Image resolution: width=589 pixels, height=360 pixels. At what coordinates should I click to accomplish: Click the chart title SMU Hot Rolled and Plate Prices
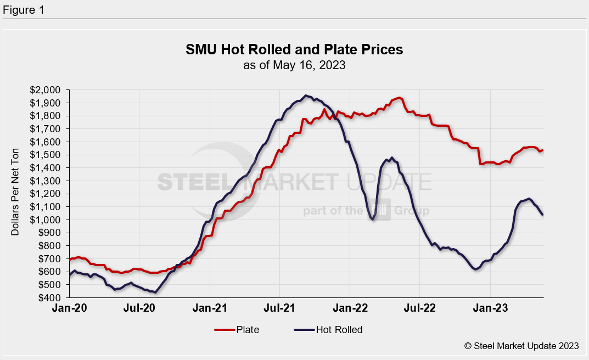(x=294, y=50)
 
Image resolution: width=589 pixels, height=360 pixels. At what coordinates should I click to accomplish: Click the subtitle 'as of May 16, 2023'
(x=294, y=65)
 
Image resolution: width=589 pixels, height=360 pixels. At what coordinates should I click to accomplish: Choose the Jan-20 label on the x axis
(x=69, y=308)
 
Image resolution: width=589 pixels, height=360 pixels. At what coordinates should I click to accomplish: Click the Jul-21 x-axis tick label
(x=280, y=308)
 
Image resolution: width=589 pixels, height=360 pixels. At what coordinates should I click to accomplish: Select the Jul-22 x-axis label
(x=420, y=308)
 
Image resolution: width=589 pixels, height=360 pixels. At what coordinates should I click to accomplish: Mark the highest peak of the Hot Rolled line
(x=306, y=95)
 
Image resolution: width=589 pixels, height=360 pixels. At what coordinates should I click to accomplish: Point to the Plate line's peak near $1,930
(x=400, y=98)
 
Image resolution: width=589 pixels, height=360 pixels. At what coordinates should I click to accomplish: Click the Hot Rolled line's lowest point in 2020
(x=155, y=292)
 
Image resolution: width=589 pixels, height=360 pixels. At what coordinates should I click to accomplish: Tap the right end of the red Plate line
(x=543, y=150)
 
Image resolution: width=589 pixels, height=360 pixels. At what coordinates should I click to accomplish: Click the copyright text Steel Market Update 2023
(x=521, y=346)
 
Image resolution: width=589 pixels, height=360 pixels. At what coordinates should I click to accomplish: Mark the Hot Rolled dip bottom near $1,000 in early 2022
(x=373, y=220)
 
